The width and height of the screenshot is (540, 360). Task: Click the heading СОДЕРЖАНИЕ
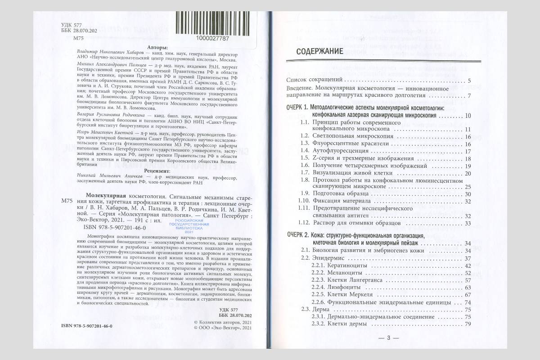(320, 52)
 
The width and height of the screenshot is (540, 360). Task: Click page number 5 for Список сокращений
(469, 81)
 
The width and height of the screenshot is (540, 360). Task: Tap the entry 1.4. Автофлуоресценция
(333, 151)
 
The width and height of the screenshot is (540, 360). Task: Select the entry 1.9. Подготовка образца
(330, 193)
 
